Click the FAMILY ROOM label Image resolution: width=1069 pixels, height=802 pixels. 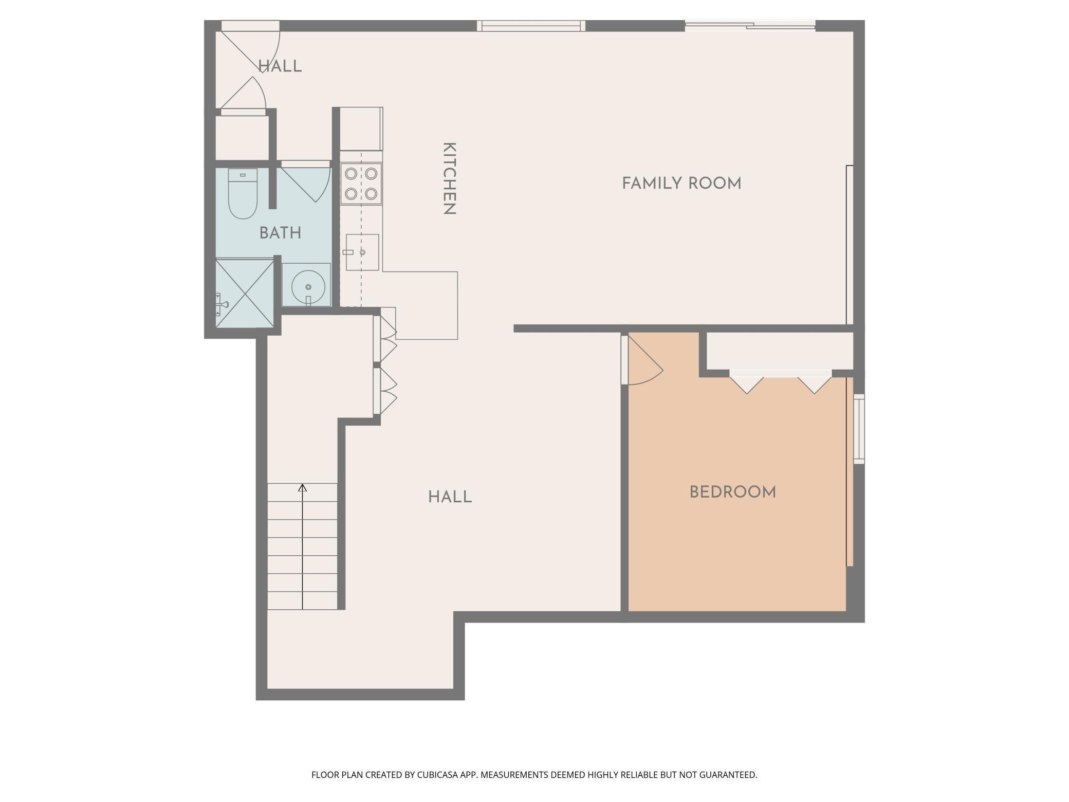pyautogui.click(x=681, y=184)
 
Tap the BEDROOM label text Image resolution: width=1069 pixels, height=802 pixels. pyautogui.click(x=732, y=493)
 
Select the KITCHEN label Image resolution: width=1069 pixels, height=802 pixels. pyautogui.click(x=449, y=178)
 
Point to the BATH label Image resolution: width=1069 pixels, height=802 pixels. pyautogui.click(x=280, y=233)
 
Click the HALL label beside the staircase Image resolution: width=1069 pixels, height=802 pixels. pyautogui.click(x=450, y=497)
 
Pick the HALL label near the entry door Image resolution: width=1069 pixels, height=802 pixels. pyautogui.click(x=280, y=66)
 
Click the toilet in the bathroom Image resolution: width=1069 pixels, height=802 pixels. pyautogui.click(x=243, y=193)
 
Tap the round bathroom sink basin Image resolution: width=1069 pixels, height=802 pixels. pyautogui.click(x=308, y=287)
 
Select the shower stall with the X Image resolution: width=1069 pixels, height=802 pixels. pyautogui.click(x=245, y=293)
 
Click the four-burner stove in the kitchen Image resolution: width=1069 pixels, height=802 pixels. pyautogui.click(x=361, y=184)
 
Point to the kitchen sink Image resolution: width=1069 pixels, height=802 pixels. pyautogui.click(x=362, y=252)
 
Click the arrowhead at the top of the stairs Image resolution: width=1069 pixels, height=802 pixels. pyautogui.click(x=303, y=487)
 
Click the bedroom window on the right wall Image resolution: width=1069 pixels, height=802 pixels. pyautogui.click(x=859, y=429)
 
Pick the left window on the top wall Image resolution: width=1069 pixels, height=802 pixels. pyautogui.click(x=531, y=26)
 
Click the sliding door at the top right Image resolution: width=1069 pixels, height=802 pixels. pyautogui.click(x=750, y=25)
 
